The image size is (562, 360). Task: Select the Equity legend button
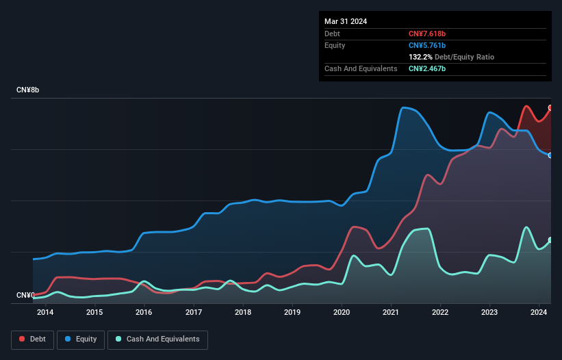(x=81, y=339)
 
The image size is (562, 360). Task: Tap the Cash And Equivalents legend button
(x=157, y=339)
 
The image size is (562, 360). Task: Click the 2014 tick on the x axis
(x=45, y=313)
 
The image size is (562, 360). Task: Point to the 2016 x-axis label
(x=144, y=313)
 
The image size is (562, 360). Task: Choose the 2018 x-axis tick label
(x=243, y=313)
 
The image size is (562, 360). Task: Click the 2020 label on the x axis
(x=342, y=313)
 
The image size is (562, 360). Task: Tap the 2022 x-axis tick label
(x=440, y=313)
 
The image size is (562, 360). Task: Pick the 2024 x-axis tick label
(x=539, y=313)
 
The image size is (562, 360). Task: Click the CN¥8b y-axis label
(x=28, y=90)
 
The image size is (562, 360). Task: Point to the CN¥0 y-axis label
(x=25, y=296)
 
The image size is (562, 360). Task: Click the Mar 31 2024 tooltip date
(x=346, y=21)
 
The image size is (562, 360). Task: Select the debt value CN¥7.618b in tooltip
(x=427, y=34)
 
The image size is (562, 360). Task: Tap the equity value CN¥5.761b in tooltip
(x=427, y=45)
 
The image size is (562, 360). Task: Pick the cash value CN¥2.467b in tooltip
(x=427, y=68)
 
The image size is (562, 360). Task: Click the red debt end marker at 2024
(x=550, y=108)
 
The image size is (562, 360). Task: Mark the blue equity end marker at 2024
(x=550, y=155)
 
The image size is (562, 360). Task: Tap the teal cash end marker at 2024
(x=550, y=240)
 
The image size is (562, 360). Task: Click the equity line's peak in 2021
(x=404, y=107)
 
